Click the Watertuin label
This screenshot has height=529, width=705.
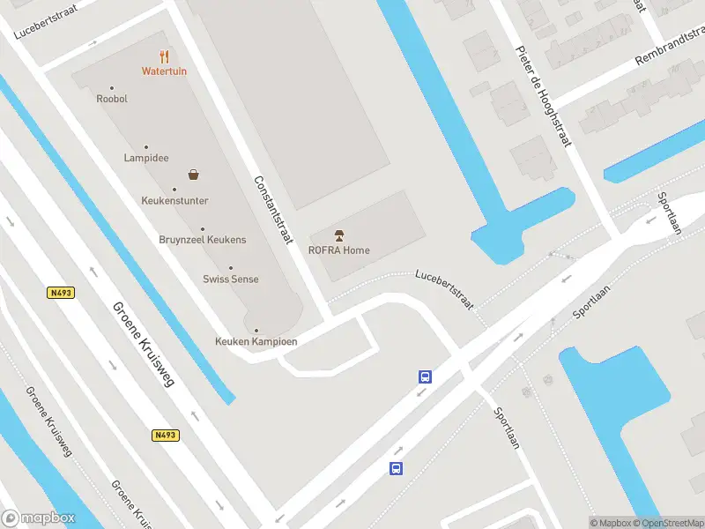164,71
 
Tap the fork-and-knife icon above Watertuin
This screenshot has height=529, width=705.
164,56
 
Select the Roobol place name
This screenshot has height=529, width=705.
112,99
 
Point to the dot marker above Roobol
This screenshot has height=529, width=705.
112,87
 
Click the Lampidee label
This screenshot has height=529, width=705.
146,159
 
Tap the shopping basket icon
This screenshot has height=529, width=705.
192,175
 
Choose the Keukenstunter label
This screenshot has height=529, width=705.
174,200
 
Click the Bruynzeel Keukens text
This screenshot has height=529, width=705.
203,240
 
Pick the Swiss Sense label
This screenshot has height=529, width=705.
231,279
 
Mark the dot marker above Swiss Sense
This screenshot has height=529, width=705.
231,268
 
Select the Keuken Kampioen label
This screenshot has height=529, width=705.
256,341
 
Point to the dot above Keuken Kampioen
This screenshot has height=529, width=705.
256,331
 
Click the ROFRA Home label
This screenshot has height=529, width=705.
339,250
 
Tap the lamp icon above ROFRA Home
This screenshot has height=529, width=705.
339,235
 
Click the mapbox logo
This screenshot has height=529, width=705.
40,518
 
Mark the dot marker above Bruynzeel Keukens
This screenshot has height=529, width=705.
203,229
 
